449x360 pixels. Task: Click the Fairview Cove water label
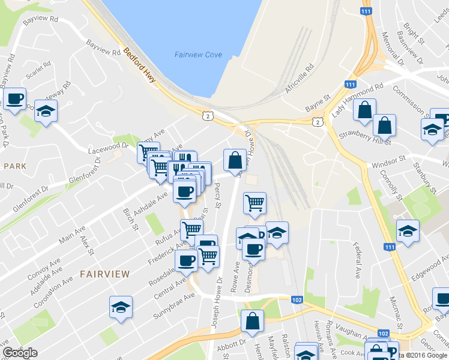(x=197, y=55)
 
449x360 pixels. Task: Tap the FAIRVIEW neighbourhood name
(x=104, y=274)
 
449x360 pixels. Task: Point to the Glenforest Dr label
(x=91, y=176)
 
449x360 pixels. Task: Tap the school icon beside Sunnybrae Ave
(x=121, y=307)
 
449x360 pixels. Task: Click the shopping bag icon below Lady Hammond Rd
(x=364, y=110)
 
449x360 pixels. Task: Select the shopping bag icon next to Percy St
(x=235, y=160)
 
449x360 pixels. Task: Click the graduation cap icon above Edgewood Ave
(x=408, y=230)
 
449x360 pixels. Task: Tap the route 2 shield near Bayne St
(x=316, y=122)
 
